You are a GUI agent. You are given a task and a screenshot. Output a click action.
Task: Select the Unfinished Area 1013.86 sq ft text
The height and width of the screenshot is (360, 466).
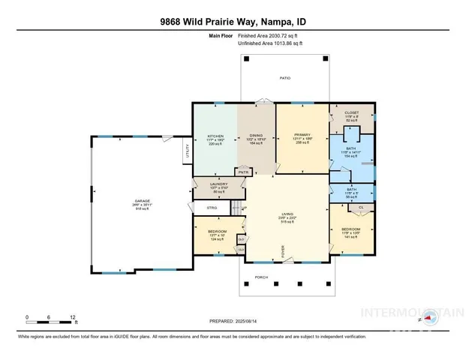click(275, 44)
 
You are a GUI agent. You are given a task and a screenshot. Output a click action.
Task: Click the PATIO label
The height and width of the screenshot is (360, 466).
click(284, 78)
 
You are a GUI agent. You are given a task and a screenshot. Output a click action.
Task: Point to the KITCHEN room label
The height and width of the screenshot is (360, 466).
click(215, 136)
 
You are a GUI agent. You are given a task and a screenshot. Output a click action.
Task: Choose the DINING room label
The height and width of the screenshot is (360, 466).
click(257, 136)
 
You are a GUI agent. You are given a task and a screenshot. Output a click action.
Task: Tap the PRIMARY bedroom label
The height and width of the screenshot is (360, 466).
click(302, 136)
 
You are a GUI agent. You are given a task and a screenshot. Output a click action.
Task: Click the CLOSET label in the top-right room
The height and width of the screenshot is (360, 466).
click(352, 112)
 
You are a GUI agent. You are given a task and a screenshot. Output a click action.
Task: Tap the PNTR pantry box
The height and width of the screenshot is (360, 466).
click(243, 172)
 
